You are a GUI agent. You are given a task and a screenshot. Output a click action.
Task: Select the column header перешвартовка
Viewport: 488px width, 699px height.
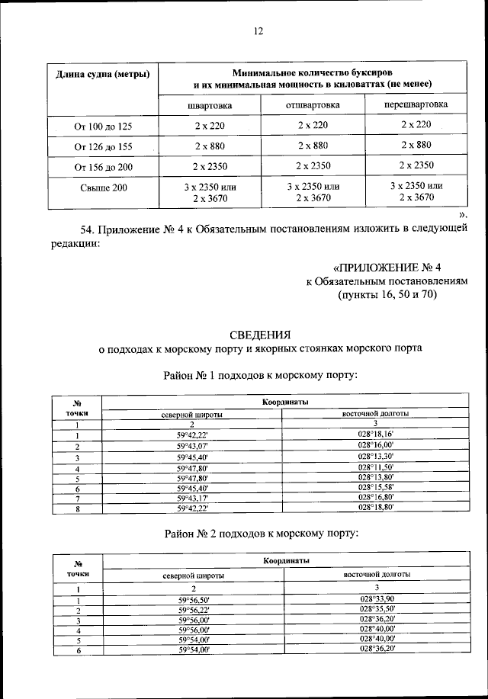[x=416, y=104]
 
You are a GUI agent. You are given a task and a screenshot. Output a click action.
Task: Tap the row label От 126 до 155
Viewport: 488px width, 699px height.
[x=103, y=146]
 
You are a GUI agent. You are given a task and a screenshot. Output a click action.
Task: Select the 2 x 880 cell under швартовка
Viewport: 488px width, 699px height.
[x=210, y=146]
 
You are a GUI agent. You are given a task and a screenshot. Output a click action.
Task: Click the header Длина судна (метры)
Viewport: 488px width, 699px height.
[x=103, y=74]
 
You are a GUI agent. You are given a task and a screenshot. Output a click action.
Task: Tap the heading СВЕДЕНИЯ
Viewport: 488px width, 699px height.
[x=261, y=334]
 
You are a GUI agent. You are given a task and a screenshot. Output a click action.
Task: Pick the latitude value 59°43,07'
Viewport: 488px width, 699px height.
[x=192, y=445]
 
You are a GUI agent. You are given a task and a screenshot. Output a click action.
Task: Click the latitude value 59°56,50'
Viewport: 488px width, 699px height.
[x=193, y=601]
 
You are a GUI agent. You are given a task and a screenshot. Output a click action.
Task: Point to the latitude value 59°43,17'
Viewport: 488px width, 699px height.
[x=192, y=497]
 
